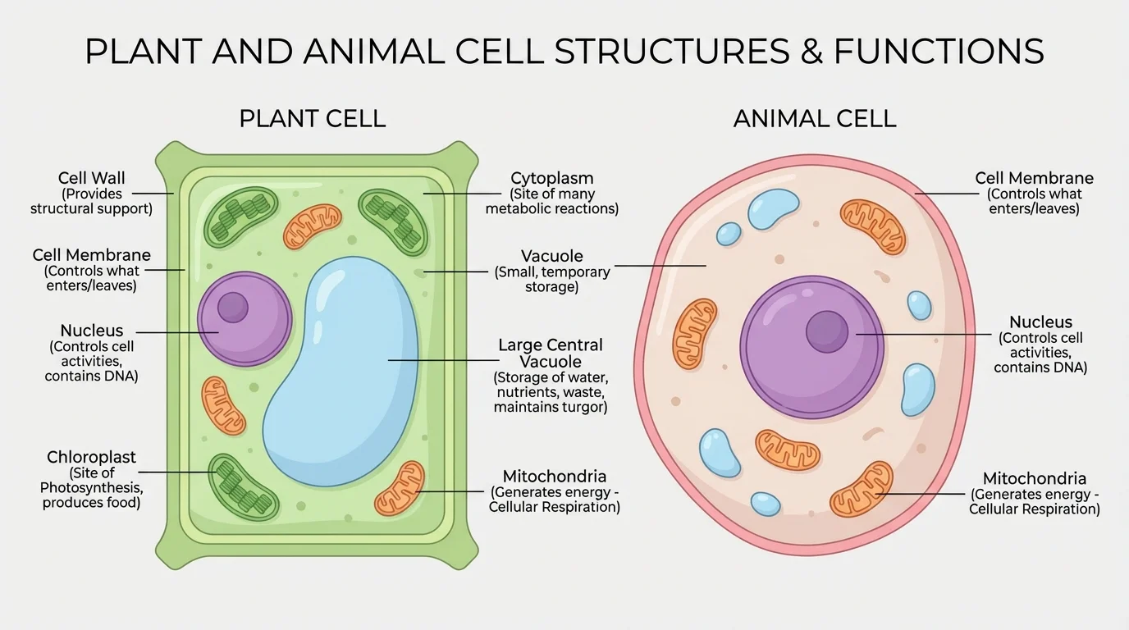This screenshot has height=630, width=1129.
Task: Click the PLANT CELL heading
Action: point(312,118)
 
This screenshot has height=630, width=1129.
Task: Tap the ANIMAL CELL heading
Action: point(814,118)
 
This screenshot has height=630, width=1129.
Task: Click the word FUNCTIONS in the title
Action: point(939,51)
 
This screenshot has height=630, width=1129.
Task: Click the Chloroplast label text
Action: point(91,457)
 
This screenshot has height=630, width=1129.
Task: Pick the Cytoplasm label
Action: point(551,178)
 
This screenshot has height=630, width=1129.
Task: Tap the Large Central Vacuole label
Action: point(551,353)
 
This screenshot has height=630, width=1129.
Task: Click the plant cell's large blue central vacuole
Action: point(345,369)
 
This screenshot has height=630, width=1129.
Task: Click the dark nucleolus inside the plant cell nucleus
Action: point(233,307)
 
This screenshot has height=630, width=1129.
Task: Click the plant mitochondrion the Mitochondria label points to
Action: point(400,489)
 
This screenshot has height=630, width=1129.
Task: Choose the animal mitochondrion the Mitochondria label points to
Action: point(861,489)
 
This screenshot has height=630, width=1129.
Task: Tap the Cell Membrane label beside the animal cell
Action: point(1034,178)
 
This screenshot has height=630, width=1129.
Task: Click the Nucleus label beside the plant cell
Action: point(91,331)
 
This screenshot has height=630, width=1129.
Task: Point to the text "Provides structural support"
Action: point(91,201)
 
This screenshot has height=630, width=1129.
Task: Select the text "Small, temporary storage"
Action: point(551,279)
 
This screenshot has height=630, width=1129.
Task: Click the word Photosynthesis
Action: point(92,488)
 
